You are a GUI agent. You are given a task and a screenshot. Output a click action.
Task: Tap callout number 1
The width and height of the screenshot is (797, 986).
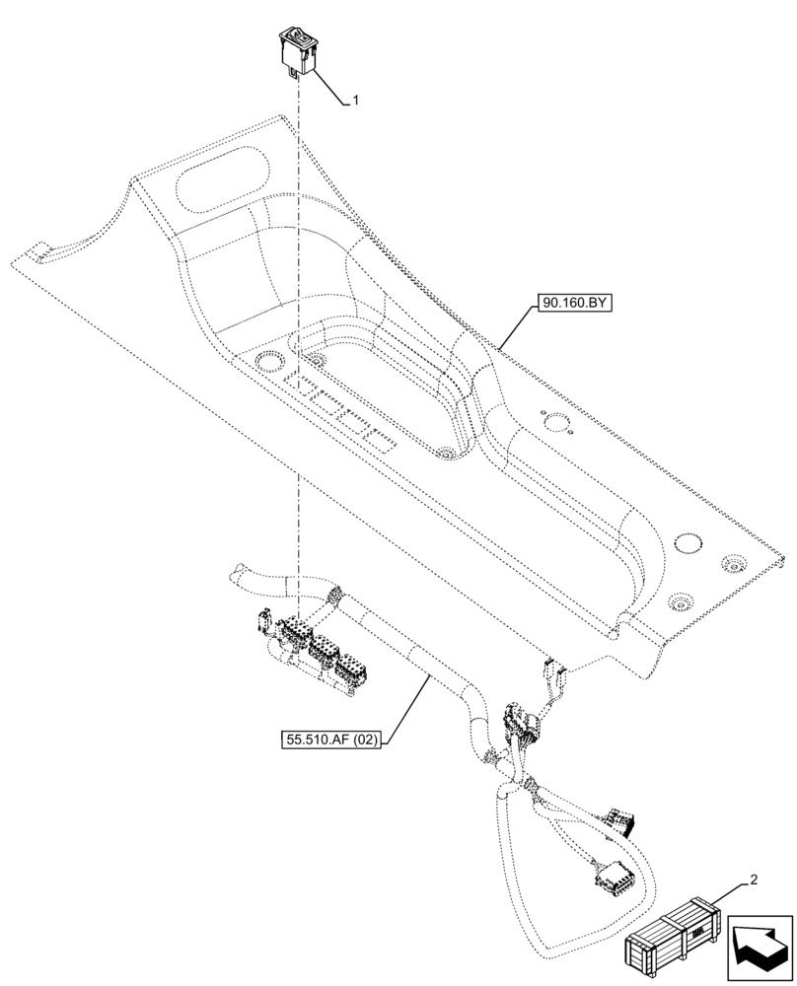point(356,101)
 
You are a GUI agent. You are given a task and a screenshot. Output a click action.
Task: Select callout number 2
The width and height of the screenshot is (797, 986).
point(755,879)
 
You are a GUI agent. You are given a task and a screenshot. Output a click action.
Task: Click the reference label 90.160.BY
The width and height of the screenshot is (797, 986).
point(575,306)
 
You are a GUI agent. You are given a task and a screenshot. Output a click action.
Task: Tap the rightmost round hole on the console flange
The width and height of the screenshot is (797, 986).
point(732,564)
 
